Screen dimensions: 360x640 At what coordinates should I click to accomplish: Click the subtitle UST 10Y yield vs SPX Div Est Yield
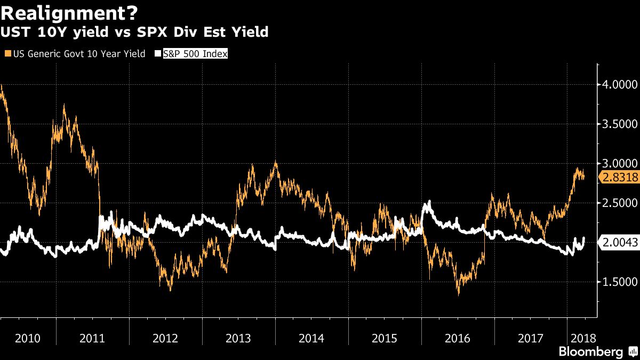[x=134, y=33]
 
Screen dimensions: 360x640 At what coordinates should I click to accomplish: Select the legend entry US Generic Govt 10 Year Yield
[x=78, y=54]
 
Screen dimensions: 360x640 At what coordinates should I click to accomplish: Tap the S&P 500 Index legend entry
[x=195, y=54]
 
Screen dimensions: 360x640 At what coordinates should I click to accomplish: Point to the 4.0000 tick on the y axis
[x=619, y=84]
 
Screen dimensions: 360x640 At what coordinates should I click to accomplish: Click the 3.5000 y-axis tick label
[x=619, y=124]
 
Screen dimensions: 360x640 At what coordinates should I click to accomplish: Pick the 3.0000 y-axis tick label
[x=619, y=163]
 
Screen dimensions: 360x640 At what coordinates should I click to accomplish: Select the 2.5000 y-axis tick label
[x=619, y=203]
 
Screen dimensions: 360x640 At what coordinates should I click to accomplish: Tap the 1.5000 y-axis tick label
[x=619, y=282]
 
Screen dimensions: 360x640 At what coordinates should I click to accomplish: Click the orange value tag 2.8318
[x=619, y=178]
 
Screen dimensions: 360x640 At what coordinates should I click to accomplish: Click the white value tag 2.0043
[x=619, y=243]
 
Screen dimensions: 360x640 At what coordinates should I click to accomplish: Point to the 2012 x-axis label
[x=165, y=338]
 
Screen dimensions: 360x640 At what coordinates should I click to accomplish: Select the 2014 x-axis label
[x=311, y=338]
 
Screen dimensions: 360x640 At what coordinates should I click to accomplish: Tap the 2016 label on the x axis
[x=457, y=338]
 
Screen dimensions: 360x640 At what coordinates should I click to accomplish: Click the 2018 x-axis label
[x=582, y=338]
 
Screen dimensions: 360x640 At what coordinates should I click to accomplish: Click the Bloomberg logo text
[x=590, y=352]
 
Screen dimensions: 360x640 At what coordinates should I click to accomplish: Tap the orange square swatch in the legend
[x=6, y=54]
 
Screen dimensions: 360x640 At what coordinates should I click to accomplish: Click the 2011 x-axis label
[x=92, y=338]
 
